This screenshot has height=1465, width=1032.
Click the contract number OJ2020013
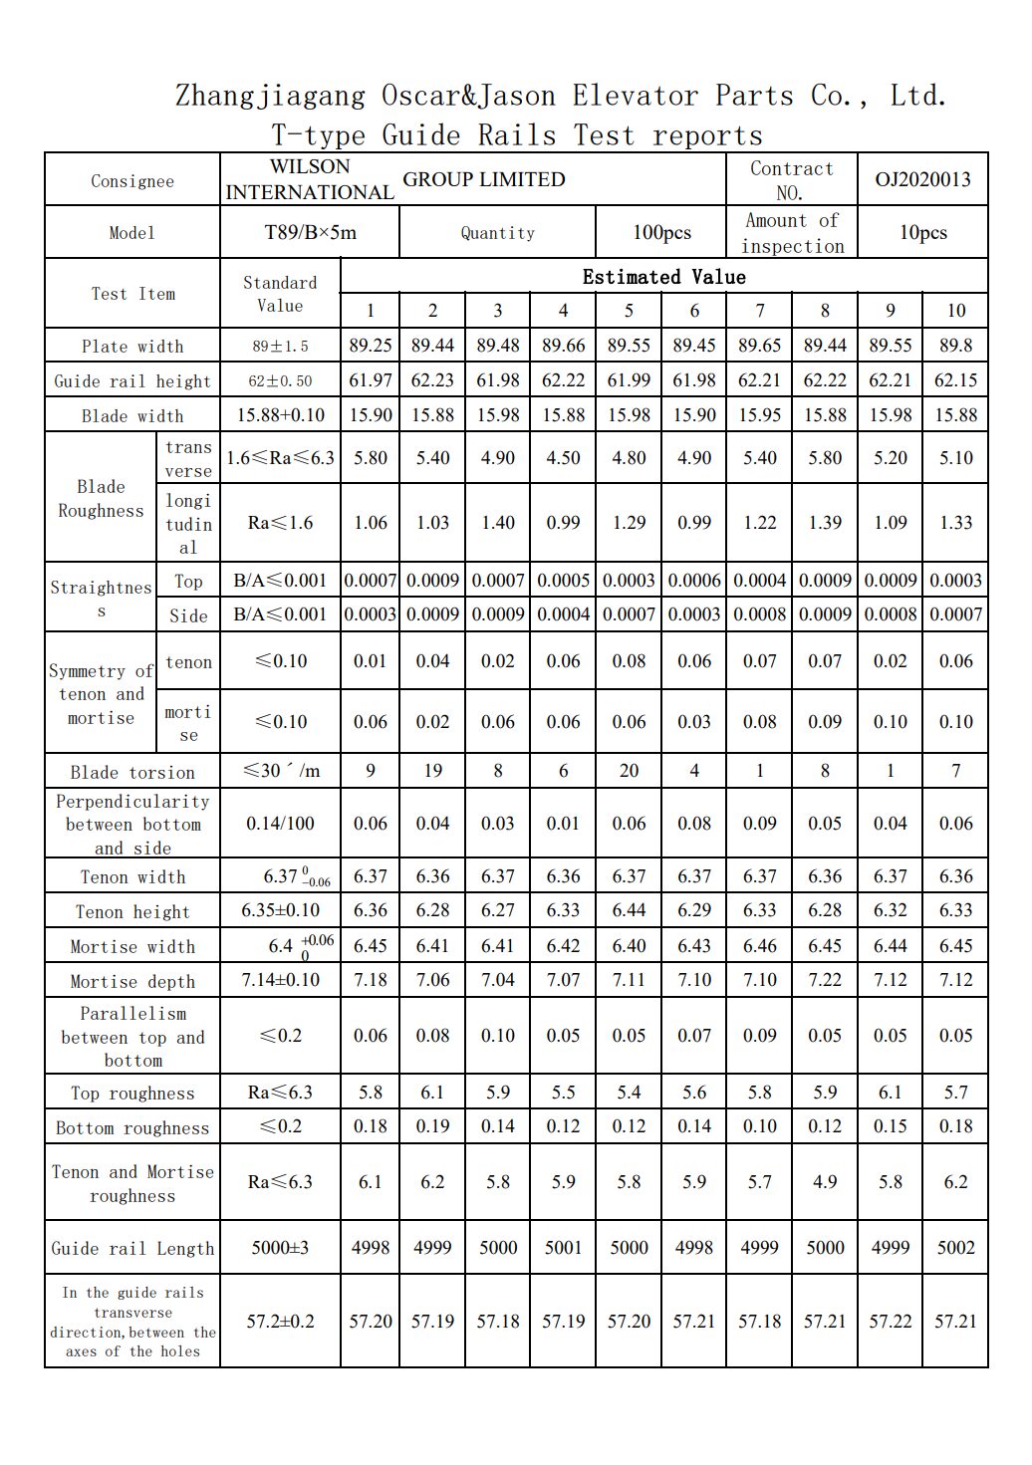pos(922,180)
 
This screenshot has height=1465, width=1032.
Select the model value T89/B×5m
pos(310,233)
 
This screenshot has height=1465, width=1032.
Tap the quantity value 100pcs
pos(661,233)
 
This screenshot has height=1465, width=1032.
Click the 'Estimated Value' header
pos(663,277)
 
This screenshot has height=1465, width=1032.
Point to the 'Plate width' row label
pos(132,347)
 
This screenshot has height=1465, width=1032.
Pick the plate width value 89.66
pos(563,346)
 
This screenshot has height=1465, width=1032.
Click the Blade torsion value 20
pos(629,771)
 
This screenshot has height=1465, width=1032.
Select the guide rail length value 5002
pos(955,1248)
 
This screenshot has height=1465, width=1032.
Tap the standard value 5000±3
pos(280,1248)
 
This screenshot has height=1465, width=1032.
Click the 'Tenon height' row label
pos(132,912)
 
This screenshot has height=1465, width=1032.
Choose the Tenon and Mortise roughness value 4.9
pos(825,1182)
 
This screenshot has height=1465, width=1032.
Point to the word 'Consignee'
pos(132,181)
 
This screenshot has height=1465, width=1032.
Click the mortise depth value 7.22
pos(825,980)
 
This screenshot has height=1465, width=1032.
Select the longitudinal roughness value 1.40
pos(498,523)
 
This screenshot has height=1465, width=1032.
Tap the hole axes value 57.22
pos(890,1322)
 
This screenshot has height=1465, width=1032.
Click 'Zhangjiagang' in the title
pos(270,96)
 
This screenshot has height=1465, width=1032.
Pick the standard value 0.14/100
pos(280,824)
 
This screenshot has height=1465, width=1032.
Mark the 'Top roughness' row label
pos(132,1094)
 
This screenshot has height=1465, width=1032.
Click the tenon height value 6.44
pos(629,910)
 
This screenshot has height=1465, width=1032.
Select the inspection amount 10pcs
pos(922,233)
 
